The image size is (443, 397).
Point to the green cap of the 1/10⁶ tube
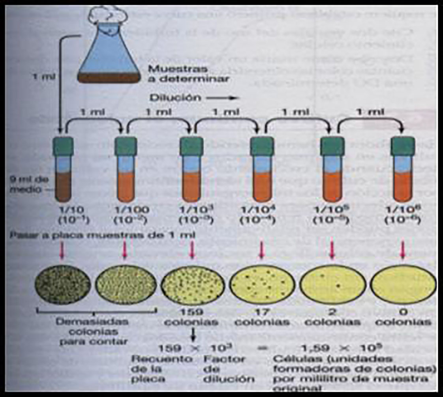pyautogui.click(x=402, y=146)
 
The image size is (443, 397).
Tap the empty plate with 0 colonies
pyautogui.click(x=403, y=284)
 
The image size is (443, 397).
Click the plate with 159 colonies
pyautogui.click(x=192, y=284)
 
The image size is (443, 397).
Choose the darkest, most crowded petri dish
pyautogui.click(x=62, y=284)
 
